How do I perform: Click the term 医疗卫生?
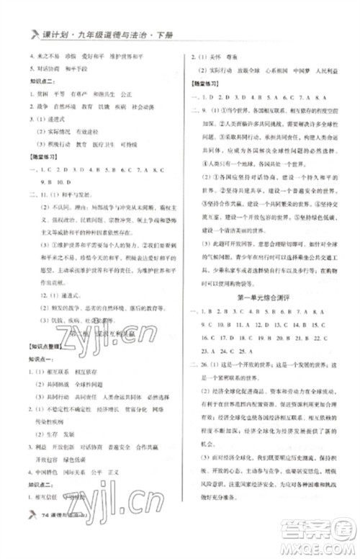[x=94, y=144]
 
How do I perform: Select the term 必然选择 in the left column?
[x=160, y=396]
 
